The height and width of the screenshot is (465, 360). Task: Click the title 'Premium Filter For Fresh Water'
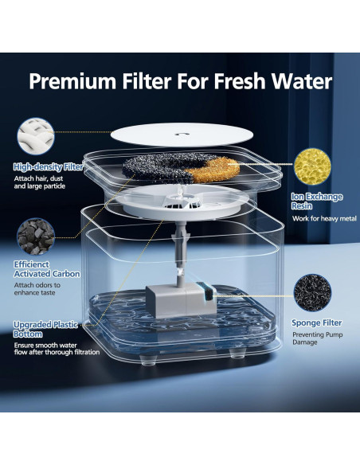pos(181,82)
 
